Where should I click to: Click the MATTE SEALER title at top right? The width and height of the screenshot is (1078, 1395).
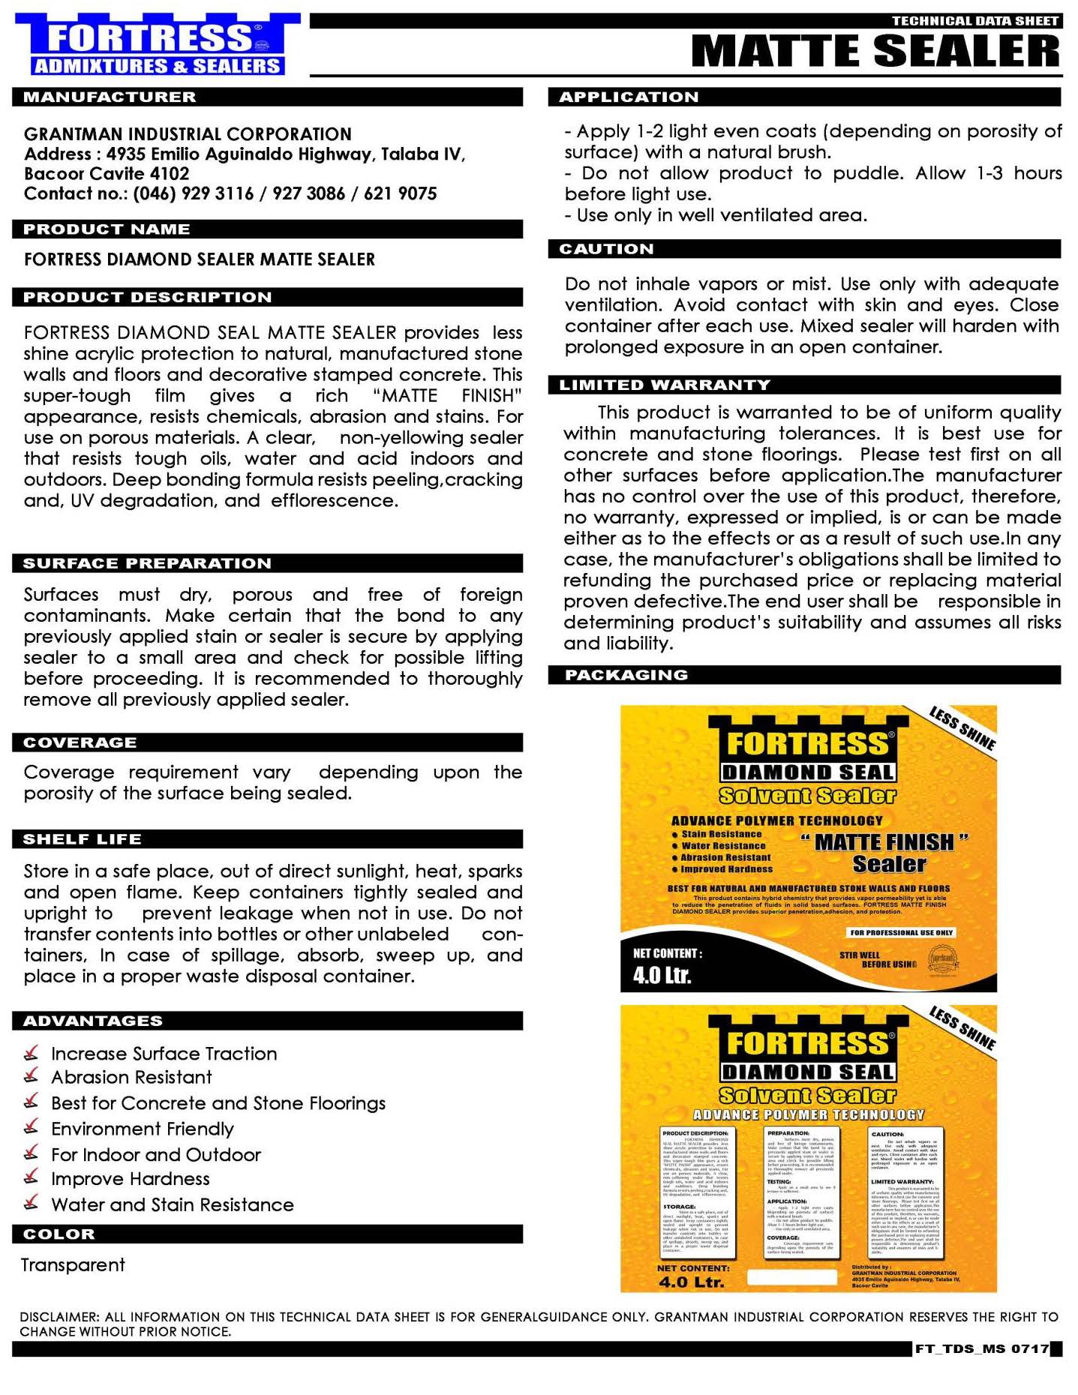(x=875, y=52)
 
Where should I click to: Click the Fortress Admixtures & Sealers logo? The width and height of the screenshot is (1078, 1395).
(x=157, y=45)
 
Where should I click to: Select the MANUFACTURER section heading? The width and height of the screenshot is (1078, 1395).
(x=110, y=97)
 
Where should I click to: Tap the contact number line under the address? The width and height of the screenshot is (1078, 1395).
(x=230, y=193)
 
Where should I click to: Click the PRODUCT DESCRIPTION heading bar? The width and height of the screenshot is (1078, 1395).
(x=147, y=298)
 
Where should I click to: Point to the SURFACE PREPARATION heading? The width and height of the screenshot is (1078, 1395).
(x=147, y=563)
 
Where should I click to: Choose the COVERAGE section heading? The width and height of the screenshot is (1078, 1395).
(x=80, y=742)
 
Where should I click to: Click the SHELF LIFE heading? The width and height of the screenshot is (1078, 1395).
(x=82, y=839)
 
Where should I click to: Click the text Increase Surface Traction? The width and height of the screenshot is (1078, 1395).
(x=164, y=1054)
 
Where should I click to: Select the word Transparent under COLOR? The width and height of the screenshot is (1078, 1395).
(x=73, y=1265)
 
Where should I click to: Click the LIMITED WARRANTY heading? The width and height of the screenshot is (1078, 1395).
(x=665, y=385)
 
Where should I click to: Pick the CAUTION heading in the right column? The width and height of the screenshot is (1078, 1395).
(x=606, y=249)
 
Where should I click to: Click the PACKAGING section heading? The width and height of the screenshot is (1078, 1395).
(x=626, y=675)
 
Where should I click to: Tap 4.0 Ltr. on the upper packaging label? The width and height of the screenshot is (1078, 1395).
(x=662, y=975)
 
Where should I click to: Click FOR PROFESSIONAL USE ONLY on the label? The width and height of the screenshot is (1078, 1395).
(x=901, y=932)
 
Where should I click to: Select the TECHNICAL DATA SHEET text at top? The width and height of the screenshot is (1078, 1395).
(x=974, y=21)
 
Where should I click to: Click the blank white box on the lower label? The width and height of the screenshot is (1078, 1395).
(x=792, y=1276)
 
